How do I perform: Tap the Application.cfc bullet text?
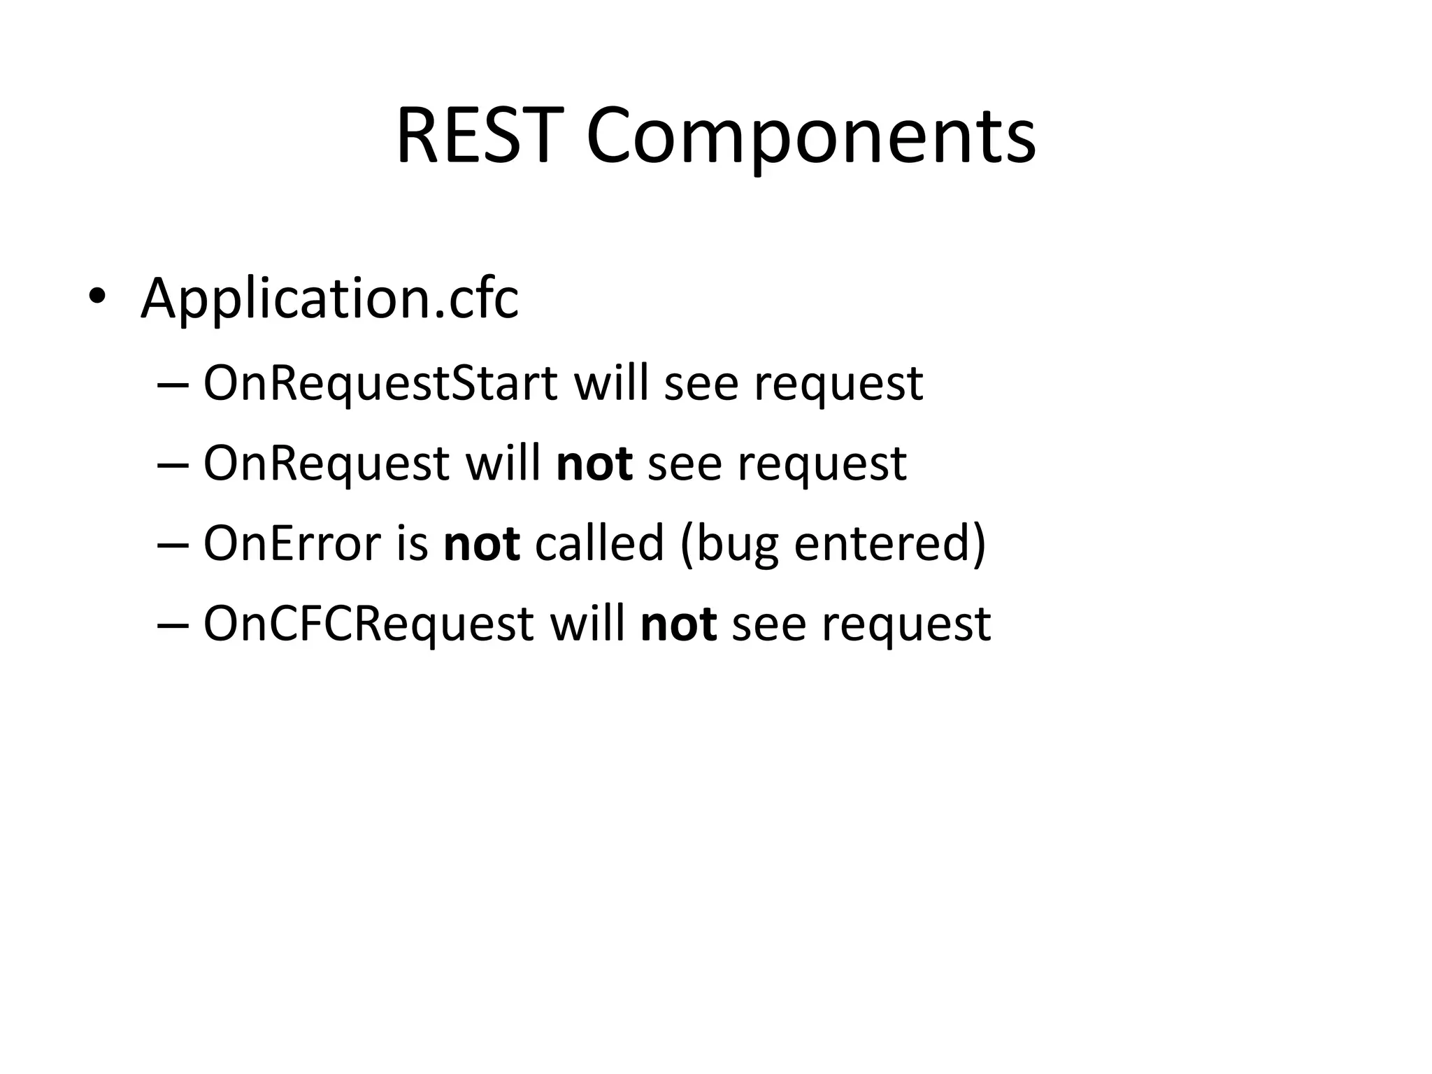coord(329,299)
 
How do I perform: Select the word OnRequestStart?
coord(380,383)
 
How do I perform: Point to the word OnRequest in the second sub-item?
coord(326,464)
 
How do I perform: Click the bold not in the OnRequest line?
coord(594,464)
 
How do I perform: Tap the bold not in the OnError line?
coord(482,543)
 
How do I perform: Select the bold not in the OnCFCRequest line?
coord(678,624)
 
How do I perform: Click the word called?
coord(599,543)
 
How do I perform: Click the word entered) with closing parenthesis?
coord(890,543)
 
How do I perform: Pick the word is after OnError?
coord(412,543)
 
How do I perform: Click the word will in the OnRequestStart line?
coord(611,383)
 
